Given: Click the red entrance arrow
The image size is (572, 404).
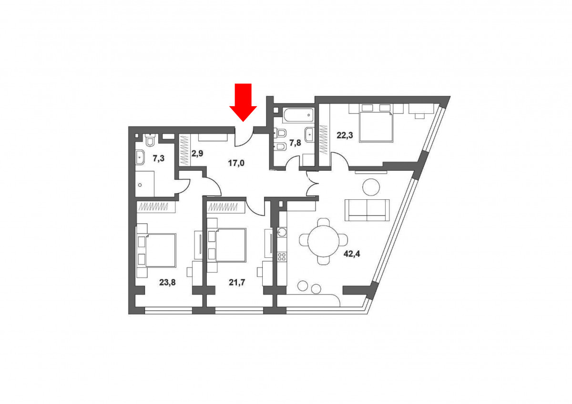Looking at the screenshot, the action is (x=243, y=102).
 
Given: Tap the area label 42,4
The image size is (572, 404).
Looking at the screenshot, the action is (x=352, y=254).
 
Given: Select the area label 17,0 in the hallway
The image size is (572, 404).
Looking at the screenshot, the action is (x=236, y=163).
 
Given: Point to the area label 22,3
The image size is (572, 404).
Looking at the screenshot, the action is (x=345, y=135).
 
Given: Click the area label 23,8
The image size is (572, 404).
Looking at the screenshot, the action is (x=167, y=282).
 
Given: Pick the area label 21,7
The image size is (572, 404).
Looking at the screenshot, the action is (x=237, y=282).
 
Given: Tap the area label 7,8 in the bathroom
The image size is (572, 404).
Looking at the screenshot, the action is (x=295, y=143).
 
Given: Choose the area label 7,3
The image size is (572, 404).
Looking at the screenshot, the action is (x=159, y=158).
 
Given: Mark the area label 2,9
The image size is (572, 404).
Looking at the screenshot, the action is (x=197, y=153).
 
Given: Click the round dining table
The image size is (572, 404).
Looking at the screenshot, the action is (x=324, y=241).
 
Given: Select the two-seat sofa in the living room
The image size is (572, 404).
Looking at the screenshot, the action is (x=367, y=210).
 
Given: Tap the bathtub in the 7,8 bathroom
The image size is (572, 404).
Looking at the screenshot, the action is (x=298, y=115).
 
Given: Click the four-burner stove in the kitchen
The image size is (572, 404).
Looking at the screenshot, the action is (x=282, y=256).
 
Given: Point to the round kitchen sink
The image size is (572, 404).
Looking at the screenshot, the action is (x=282, y=232).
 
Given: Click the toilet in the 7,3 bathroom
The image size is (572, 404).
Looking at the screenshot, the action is (x=150, y=140).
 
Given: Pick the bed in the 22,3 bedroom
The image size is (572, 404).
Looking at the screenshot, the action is (x=376, y=127).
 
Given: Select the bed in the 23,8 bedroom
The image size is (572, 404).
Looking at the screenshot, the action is (x=160, y=250).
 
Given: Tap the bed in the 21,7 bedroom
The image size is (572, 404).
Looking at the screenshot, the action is (x=231, y=245).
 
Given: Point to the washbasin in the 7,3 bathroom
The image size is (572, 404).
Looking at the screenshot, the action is (x=140, y=157).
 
